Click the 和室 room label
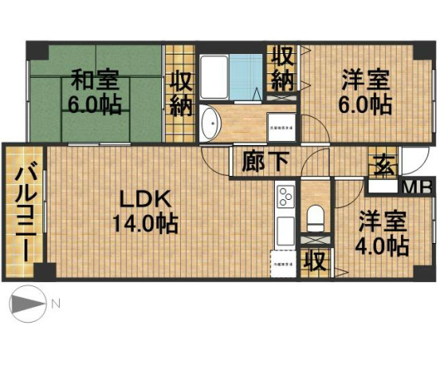point(95,80)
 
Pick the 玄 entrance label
point(384,163)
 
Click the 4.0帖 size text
point(383,246)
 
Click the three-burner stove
point(286,197)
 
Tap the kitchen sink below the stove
point(285,227)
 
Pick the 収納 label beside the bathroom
point(282,69)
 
